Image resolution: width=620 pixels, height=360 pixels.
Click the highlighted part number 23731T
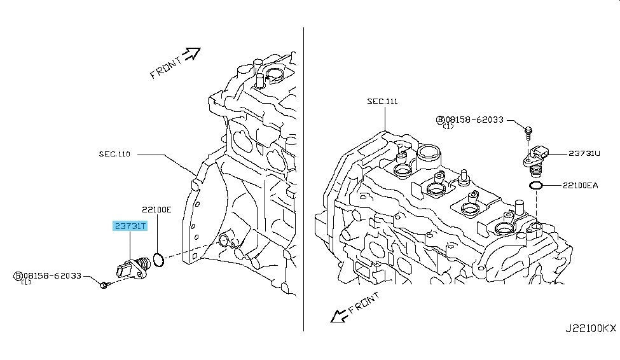click(130, 226)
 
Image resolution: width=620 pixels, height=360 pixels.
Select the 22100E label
click(157, 210)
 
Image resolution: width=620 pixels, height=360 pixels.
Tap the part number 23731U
click(584, 153)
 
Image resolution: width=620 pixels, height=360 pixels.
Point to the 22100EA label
click(581, 185)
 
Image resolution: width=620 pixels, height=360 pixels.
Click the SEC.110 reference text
click(114, 154)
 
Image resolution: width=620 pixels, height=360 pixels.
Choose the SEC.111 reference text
click(382, 101)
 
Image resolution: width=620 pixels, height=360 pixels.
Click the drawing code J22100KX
click(590, 328)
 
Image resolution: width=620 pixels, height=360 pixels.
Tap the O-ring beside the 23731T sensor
click(158, 260)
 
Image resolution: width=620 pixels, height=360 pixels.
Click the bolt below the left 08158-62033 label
click(104, 284)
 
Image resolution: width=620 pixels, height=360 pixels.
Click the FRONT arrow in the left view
click(193, 53)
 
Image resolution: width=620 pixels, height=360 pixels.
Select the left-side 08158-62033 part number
click(52, 276)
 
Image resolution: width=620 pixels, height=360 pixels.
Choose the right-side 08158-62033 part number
click(474, 120)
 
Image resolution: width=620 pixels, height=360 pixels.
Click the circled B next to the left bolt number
click(18, 276)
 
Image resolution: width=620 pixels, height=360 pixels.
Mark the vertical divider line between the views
click(304, 179)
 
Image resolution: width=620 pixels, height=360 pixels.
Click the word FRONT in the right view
click(364, 302)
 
